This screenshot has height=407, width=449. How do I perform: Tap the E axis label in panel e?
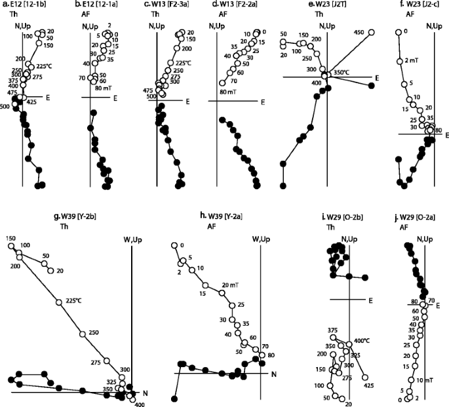377,78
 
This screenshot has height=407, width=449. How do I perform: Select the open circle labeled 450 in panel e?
372,32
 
